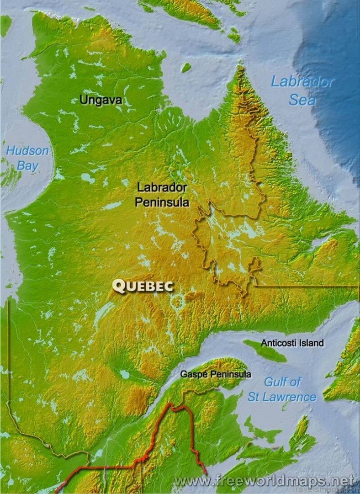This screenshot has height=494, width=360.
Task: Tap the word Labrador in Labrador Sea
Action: pyautogui.click(x=302, y=82)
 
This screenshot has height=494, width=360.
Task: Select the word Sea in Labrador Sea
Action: pyautogui.click(x=302, y=99)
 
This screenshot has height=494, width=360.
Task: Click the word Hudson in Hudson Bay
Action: pyautogui.click(x=27, y=151)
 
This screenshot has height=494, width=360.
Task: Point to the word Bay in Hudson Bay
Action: pyautogui.click(x=27, y=165)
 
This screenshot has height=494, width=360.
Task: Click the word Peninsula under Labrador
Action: pyautogui.click(x=162, y=202)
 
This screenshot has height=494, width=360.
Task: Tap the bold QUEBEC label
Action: pyautogui.click(x=143, y=286)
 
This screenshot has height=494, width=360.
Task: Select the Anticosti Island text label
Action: pyautogui.click(x=292, y=343)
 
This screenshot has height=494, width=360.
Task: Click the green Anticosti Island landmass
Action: pyautogui.click(x=265, y=351)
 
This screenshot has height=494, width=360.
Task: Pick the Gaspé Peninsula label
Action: pyautogui.click(x=216, y=374)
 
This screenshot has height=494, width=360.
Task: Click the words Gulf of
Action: pyautogui.click(x=283, y=382)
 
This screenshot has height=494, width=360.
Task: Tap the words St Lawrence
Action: pyautogui.click(x=282, y=397)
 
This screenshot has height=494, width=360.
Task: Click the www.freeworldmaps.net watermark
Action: pyautogui.click(x=264, y=480)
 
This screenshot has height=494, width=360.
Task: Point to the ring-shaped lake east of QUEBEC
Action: pyautogui.click(x=176, y=301)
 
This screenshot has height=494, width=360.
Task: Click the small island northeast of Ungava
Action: pyautogui.click(x=185, y=67)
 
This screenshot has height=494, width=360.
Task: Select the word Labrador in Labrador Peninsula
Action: pyautogui.click(x=162, y=187)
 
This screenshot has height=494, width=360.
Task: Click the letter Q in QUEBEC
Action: pyautogui.click(x=119, y=286)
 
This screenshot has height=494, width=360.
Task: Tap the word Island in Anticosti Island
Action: pyautogui.click(x=312, y=343)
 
